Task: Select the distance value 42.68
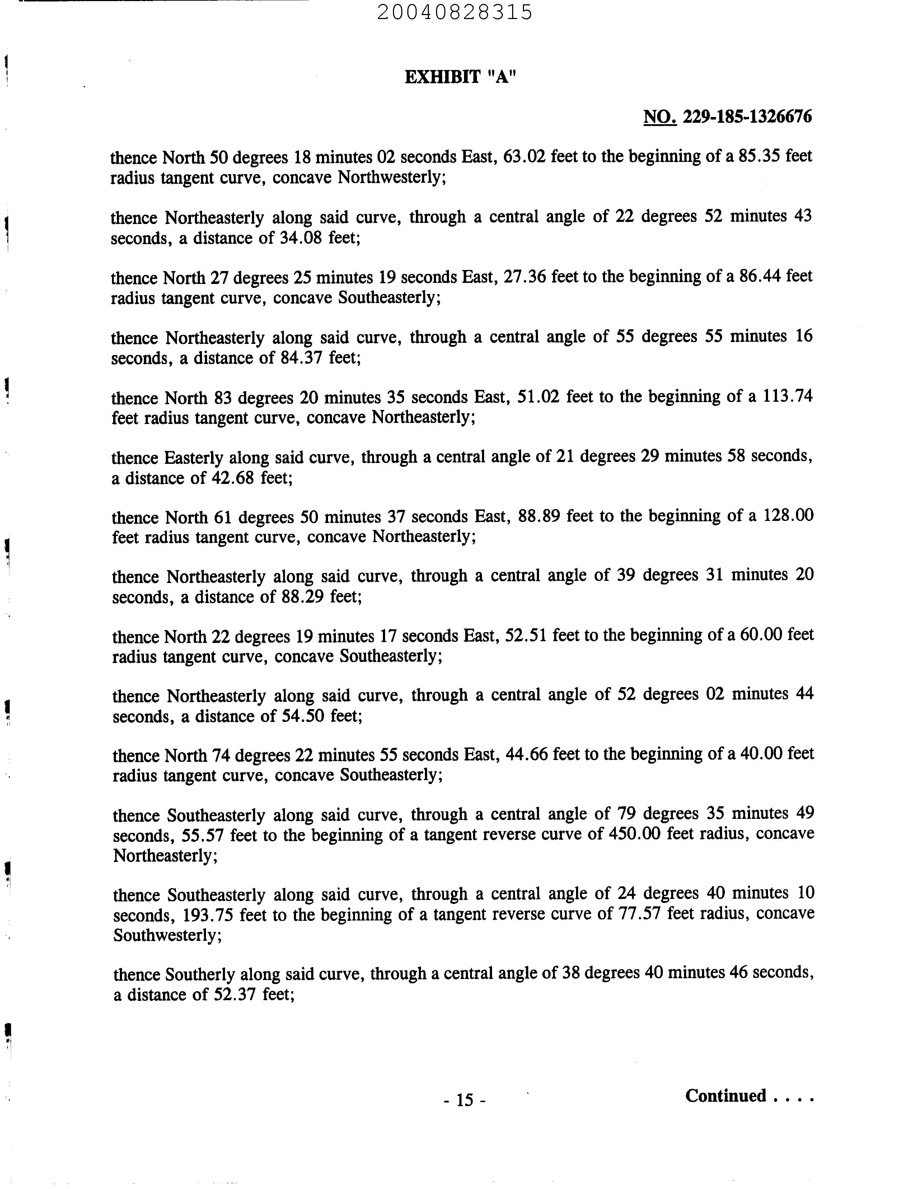[233, 479]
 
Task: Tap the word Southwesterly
[166, 936]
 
